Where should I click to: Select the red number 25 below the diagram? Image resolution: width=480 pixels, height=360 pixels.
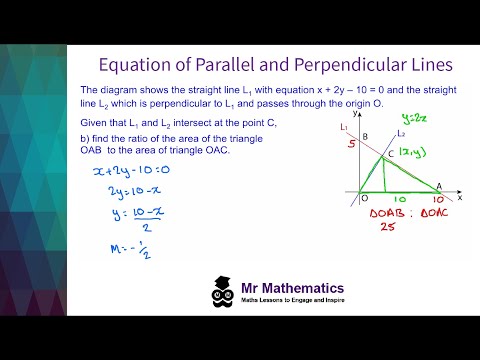coord(361,227)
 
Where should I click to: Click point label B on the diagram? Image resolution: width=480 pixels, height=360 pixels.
coord(365,136)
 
